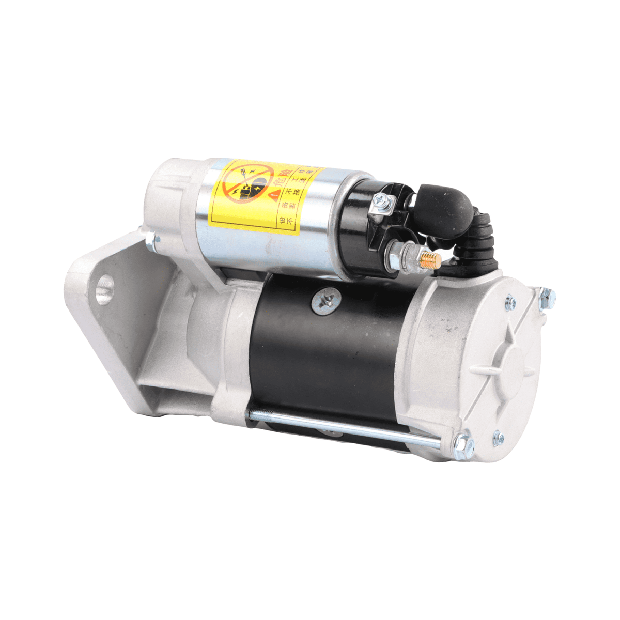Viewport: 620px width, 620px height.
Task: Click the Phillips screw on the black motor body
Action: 324,301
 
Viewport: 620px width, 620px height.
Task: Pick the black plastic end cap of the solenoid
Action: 362,227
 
